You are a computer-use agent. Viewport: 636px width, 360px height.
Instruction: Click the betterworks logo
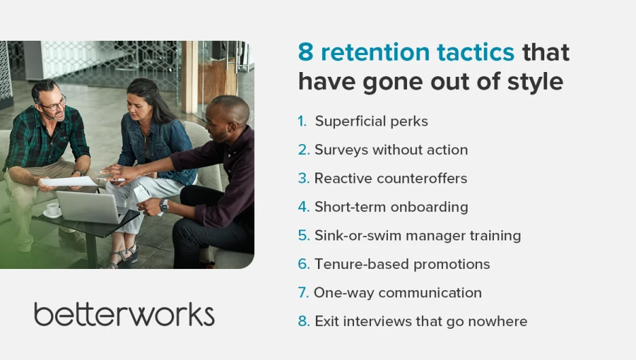(x=124, y=314)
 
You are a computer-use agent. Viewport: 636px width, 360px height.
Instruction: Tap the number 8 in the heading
(x=306, y=52)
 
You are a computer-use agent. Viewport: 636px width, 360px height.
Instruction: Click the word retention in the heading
(x=375, y=52)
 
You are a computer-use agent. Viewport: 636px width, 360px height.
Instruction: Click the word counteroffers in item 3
(x=422, y=179)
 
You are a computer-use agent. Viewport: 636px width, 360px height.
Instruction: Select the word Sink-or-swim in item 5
(x=357, y=236)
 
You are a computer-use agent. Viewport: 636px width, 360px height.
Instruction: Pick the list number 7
(x=303, y=293)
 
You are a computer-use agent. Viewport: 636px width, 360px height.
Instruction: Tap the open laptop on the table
(x=91, y=207)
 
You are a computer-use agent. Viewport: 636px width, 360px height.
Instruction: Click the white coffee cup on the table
(x=53, y=210)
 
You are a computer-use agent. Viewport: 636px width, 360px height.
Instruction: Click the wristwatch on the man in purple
(x=164, y=205)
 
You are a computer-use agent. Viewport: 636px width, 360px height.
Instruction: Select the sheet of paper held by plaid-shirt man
(x=69, y=181)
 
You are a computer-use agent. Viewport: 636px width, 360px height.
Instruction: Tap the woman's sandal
(x=124, y=257)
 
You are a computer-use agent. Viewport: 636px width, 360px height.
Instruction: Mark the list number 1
(x=302, y=121)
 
